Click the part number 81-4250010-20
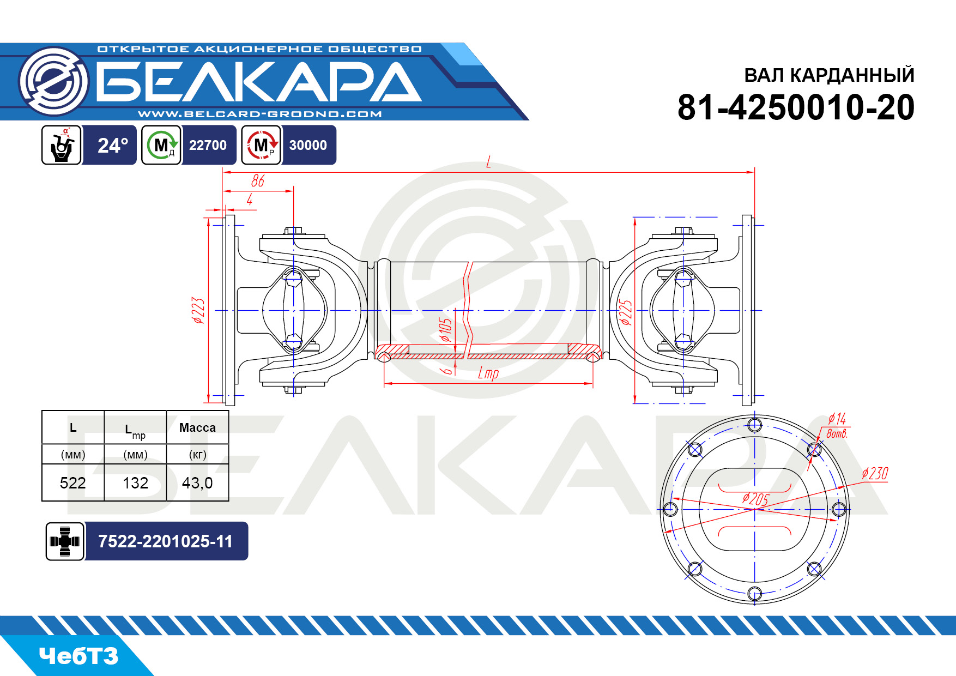click(796, 107)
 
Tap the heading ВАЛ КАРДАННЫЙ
click(829, 75)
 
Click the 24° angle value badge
click(112, 145)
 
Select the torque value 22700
click(208, 145)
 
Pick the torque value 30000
click(308, 145)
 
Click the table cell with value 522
click(73, 483)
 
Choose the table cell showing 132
click(135, 483)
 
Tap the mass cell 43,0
click(197, 483)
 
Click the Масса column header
click(197, 427)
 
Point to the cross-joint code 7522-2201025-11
click(165, 541)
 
